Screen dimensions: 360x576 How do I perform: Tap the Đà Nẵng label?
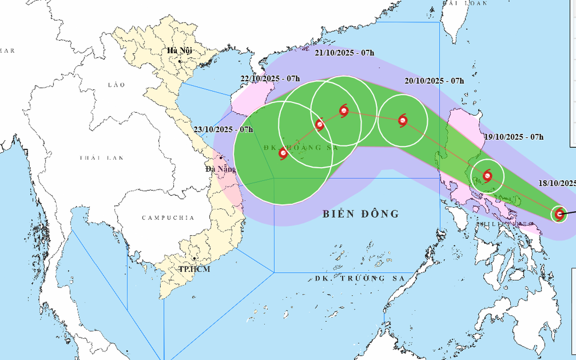pyautogui.click(x=220, y=169)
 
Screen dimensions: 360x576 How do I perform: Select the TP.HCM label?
pyautogui.click(x=194, y=269)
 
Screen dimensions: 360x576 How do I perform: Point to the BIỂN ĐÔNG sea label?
pyautogui.click(x=360, y=214)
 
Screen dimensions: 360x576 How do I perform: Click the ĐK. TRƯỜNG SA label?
pyautogui.click(x=358, y=278)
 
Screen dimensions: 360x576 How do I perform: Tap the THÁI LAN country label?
pyautogui.click(x=102, y=158)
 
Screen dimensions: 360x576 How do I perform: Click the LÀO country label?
pyautogui.click(x=116, y=85)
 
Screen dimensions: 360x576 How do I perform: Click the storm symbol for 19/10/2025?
pyautogui.click(x=488, y=175)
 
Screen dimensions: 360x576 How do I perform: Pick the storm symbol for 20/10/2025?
pyautogui.click(x=403, y=120)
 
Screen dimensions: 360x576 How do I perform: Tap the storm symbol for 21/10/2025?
pyautogui.click(x=344, y=111)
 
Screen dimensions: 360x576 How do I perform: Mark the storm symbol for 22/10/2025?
pyautogui.click(x=320, y=125)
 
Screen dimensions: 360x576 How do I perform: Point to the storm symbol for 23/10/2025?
pyautogui.click(x=283, y=154)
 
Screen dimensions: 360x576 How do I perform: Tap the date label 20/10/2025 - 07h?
pyautogui.click(x=434, y=81)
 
